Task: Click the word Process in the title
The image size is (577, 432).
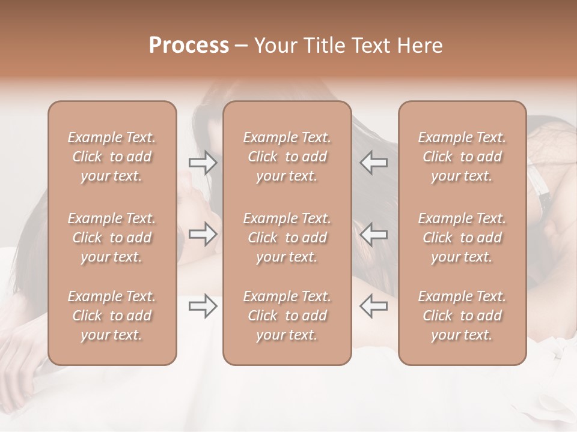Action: click(x=189, y=46)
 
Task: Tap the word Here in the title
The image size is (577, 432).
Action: click(x=420, y=46)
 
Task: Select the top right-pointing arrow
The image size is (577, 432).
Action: click(x=203, y=162)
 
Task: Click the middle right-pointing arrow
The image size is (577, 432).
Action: click(x=203, y=234)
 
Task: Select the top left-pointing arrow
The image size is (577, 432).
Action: click(x=373, y=162)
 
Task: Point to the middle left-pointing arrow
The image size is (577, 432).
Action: click(x=373, y=234)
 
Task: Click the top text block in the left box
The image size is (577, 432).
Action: click(x=112, y=157)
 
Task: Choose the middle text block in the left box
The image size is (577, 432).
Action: click(x=112, y=238)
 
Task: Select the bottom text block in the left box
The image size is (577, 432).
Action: click(x=112, y=316)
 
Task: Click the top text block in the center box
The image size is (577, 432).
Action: click(x=287, y=157)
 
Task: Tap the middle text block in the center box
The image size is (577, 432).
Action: click(x=287, y=238)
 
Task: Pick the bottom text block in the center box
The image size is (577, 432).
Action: click(x=287, y=316)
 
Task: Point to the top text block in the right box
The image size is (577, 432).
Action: click(x=462, y=157)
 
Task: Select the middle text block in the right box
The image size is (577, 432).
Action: click(x=462, y=238)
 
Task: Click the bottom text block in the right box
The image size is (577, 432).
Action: click(x=462, y=316)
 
